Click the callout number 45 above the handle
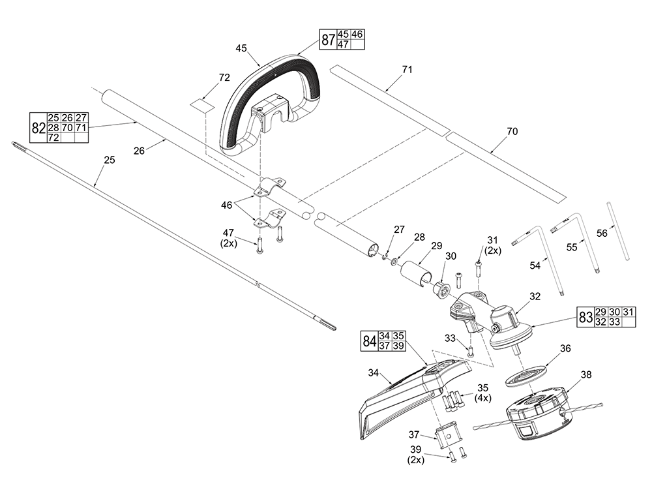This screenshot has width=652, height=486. coord(241,48)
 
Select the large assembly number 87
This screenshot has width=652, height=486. coord(327,40)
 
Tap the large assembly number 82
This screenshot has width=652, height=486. coord(38,128)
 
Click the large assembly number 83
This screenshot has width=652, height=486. coord(585,317)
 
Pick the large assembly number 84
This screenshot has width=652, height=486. coord(369,341)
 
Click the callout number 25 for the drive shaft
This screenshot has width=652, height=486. coord(109,160)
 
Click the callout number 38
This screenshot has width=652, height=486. coord(586,375)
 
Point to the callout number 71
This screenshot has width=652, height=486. coord(407,69)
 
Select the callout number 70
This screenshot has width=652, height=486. coord(512,131)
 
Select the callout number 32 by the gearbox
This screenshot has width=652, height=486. coord(535,296)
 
